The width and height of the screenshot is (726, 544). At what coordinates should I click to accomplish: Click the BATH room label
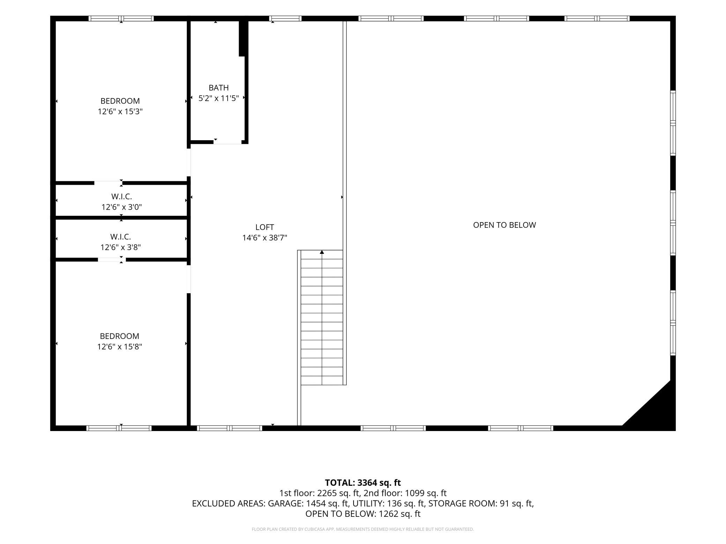[x=219, y=88]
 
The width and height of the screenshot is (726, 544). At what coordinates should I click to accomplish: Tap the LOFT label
[x=265, y=227]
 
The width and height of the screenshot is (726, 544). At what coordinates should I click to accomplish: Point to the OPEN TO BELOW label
[x=504, y=225]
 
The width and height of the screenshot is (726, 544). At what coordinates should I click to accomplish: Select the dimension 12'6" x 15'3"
[x=120, y=112]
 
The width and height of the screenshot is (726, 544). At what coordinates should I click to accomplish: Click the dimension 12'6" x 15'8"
[x=119, y=347]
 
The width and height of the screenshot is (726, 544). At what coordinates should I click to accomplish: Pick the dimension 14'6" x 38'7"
[x=265, y=238]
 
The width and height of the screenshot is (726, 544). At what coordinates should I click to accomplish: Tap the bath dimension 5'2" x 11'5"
[x=218, y=98]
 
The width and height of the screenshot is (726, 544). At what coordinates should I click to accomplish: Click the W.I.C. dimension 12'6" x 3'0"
[x=121, y=207]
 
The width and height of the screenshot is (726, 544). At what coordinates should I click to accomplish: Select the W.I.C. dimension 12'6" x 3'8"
[x=120, y=247]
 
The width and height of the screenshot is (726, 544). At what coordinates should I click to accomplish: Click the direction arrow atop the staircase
[x=322, y=252]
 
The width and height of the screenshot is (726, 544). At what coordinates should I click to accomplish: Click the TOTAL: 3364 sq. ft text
[x=363, y=483]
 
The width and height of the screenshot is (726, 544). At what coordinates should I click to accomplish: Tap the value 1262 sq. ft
[x=400, y=514]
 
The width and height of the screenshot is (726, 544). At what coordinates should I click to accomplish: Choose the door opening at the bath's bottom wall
[x=228, y=142]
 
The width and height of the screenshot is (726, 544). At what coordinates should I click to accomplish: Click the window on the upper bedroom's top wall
[x=121, y=18]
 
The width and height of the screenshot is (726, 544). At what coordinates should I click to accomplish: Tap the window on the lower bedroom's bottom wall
[x=119, y=428]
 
